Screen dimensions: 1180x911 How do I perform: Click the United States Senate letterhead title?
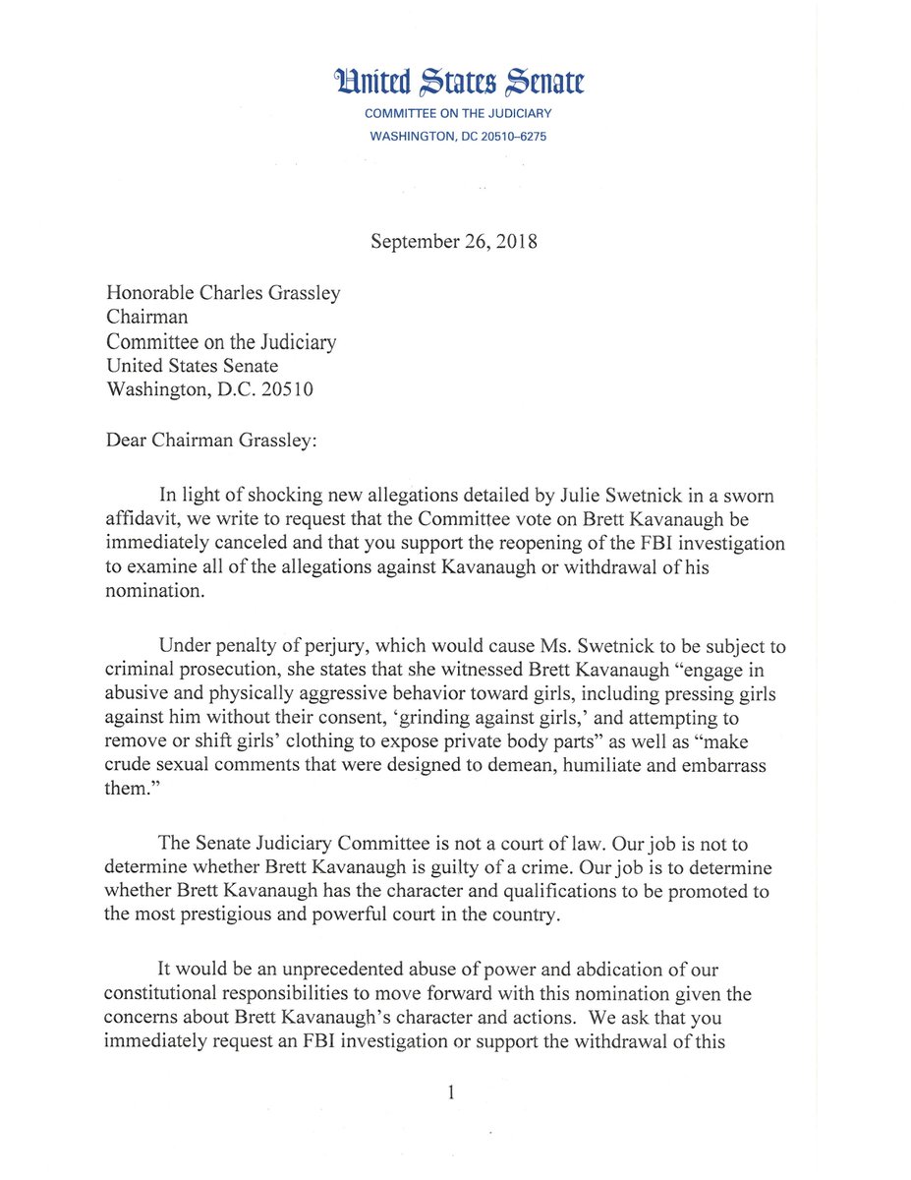click(459, 83)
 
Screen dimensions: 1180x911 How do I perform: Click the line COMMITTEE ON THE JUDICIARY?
click(459, 114)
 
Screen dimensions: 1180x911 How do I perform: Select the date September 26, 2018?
click(454, 242)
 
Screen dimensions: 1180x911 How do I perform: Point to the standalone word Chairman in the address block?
click(146, 318)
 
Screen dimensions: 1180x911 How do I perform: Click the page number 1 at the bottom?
click(451, 1091)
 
